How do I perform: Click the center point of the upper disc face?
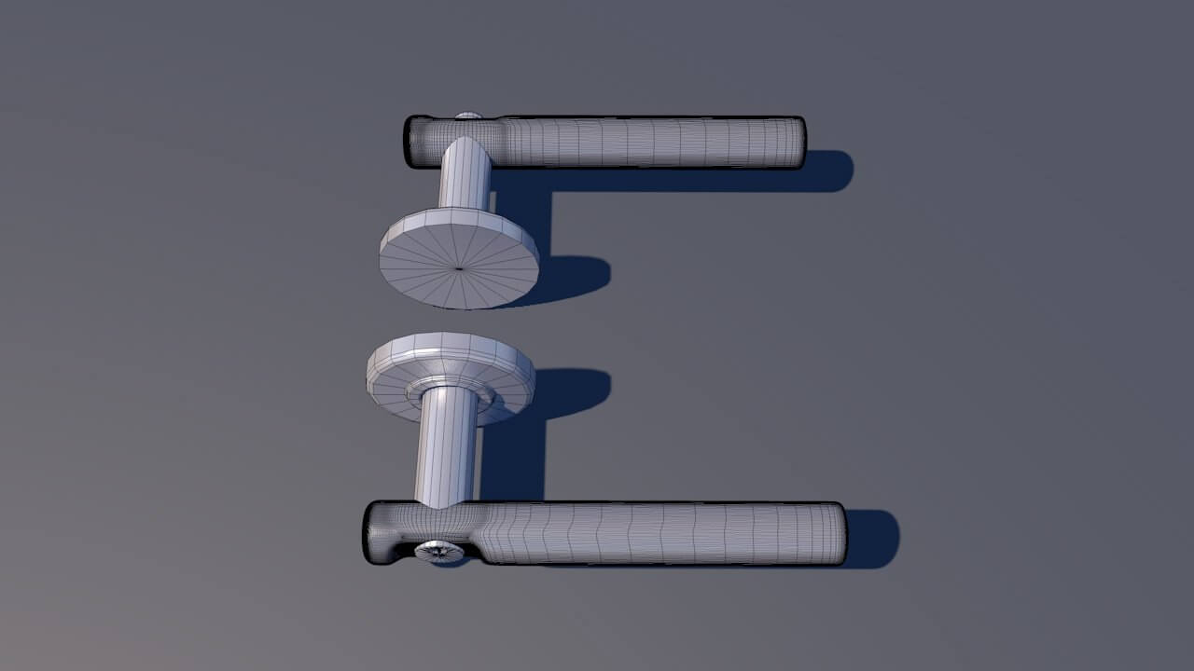click(x=459, y=268)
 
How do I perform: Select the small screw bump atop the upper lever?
click(x=468, y=116)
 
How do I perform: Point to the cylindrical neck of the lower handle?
click(x=447, y=447)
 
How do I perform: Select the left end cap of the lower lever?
click(x=372, y=533)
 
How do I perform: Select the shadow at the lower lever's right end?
click(x=877, y=539)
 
